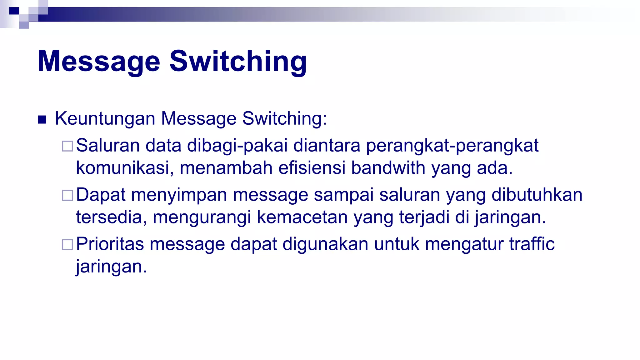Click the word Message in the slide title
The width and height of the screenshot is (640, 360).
[x=99, y=62]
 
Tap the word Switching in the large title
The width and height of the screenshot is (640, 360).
[x=238, y=62]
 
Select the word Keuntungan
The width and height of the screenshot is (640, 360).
[x=105, y=119]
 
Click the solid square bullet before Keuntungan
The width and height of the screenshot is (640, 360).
[x=42, y=120]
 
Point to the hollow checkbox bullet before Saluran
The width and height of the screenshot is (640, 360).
[x=67, y=146]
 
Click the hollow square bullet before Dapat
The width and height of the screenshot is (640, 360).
[x=67, y=195]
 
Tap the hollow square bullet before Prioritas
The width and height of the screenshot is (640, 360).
[x=67, y=244]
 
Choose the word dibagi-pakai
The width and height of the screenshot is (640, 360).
[x=237, y=146]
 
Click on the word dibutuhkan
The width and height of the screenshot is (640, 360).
[x=537, y=195]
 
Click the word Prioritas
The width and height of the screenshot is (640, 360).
[x=110, y=244]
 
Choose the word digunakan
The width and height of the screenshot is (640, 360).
[x=325, y=244]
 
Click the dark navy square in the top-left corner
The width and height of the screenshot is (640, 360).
[x=14, y=11]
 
